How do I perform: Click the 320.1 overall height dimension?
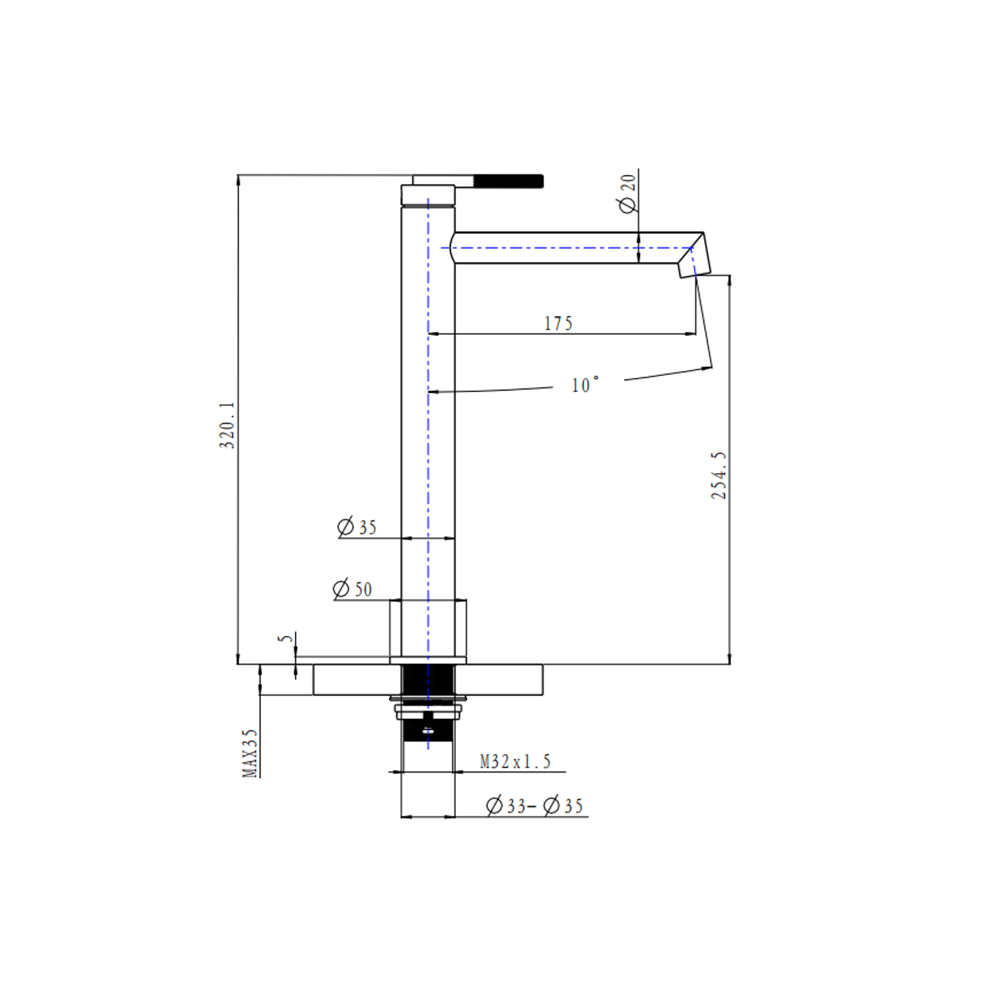point(227,425)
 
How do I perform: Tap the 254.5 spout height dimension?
point(719,476)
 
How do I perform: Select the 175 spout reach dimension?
point(558,323)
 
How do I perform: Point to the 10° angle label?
point(585,385)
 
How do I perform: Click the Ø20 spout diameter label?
point(627,193)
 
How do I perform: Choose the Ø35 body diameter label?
point(357,527)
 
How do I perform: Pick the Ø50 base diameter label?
point(352,589)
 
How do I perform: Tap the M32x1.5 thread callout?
point(515,761)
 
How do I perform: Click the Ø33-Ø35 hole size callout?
point(535,806)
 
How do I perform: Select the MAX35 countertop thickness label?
point(250,753)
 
